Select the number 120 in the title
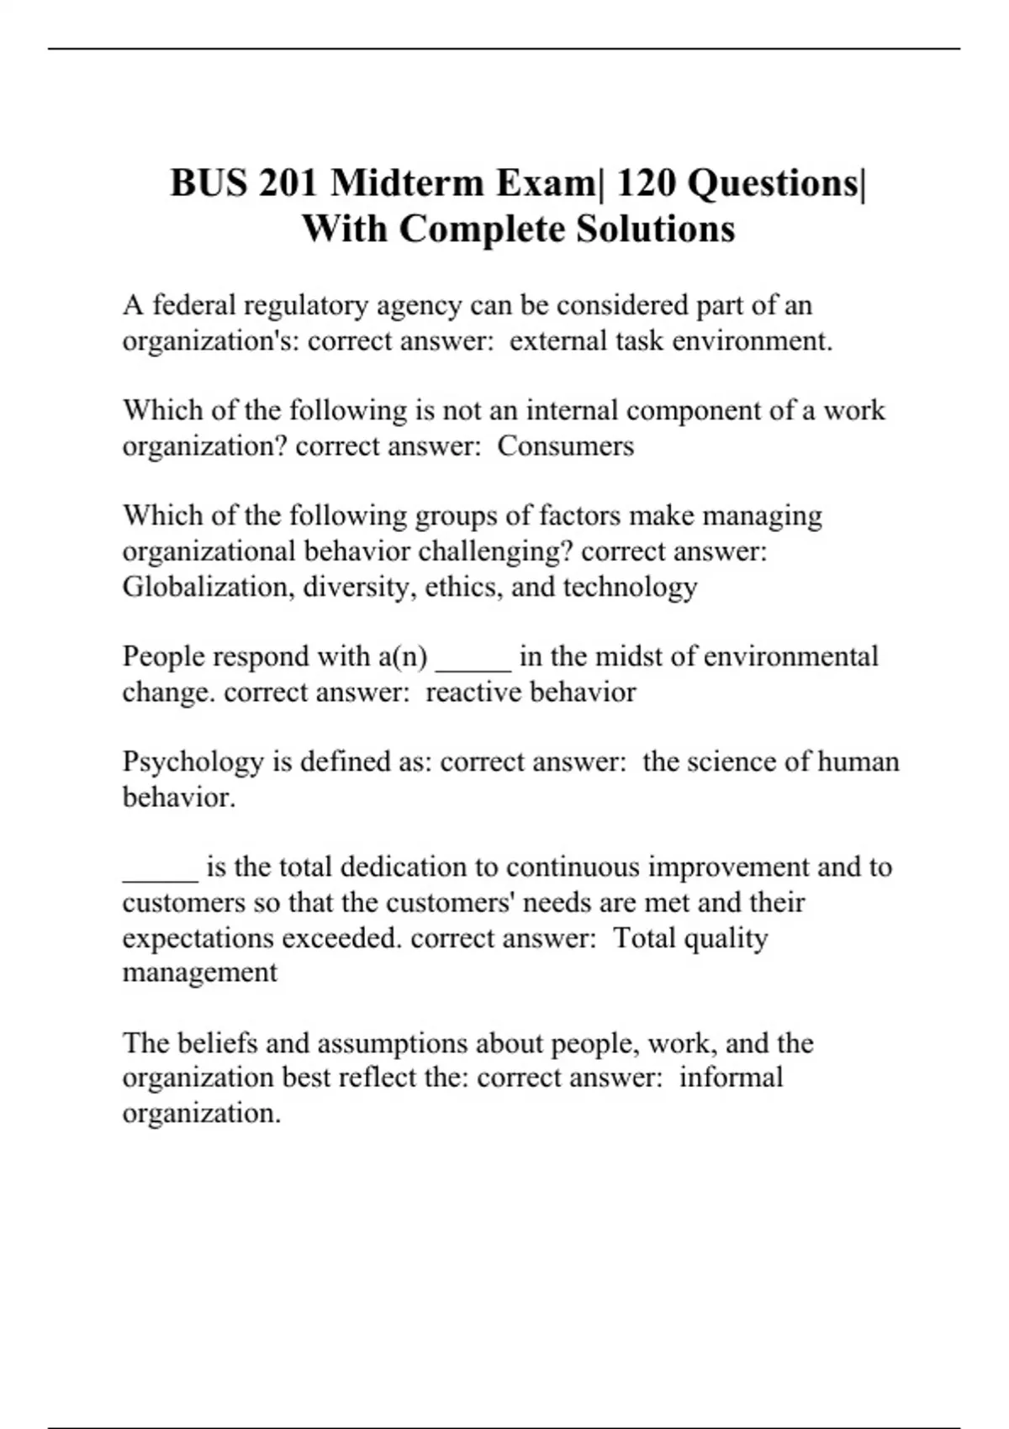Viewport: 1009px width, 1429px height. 647,182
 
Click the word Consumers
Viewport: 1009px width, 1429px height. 565,446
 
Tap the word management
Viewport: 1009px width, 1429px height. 200,973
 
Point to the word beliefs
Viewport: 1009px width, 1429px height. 218,1043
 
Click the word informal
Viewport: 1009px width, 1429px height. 731,1078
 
